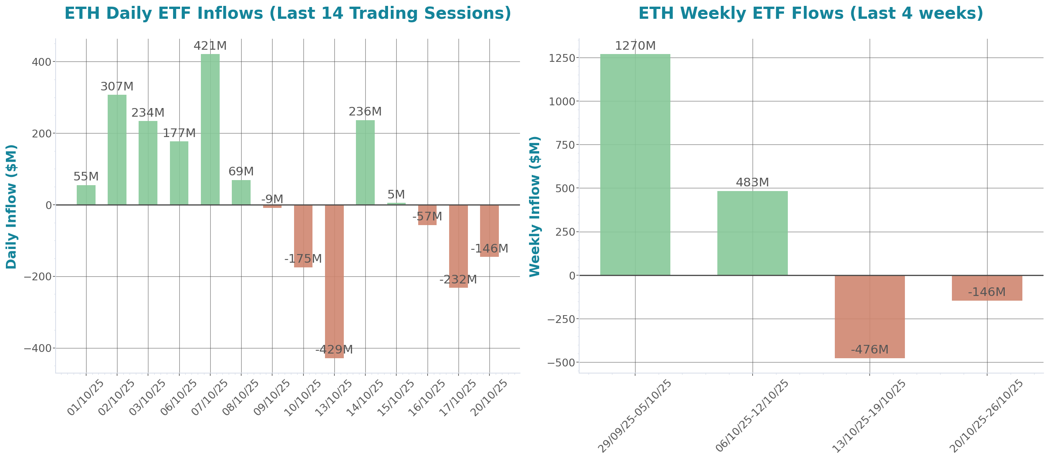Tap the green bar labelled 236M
click(x=365, y=162)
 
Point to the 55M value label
click(x=86, y=177)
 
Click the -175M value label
click(x=303, y=259)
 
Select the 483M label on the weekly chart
click(x=752, y=182)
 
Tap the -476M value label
click(x=870, y=349)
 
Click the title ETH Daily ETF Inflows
click(x=287, y=13)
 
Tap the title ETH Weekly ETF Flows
click(x=811, y=13)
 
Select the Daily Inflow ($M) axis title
click(x=11, y=206)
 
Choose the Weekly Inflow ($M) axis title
click(x=534, y=206)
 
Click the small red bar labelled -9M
click(x=272, y=206)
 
